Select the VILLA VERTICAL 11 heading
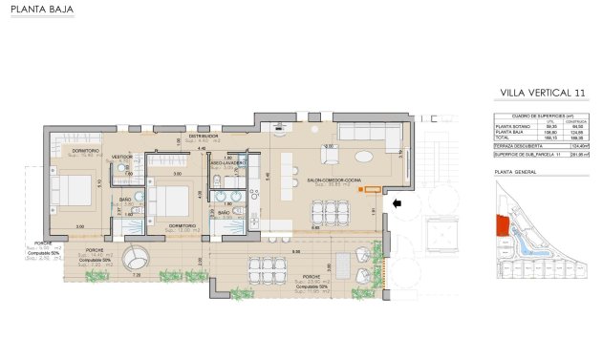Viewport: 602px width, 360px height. pos(542,93)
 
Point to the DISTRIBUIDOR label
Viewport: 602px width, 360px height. pos(204,137)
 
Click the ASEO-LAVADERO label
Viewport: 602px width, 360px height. pos(228,163)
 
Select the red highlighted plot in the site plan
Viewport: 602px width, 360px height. pos(499,226)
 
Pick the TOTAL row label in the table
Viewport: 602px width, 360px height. pos(503,135)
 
